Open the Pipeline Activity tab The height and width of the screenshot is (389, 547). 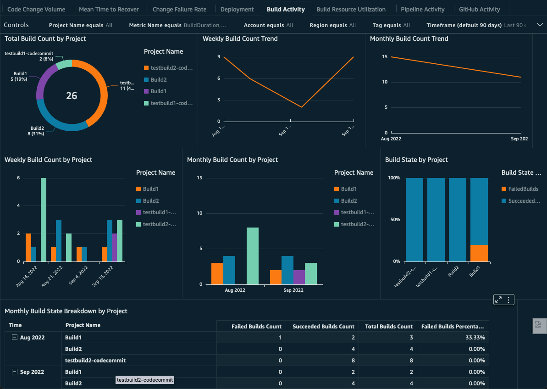click(422, 9)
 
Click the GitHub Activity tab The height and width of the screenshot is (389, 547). click(479, 9)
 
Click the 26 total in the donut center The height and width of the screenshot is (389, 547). click(72, 96)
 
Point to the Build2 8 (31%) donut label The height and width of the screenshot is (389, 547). click(37, 131)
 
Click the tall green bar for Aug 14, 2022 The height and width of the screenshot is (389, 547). click(44, 220)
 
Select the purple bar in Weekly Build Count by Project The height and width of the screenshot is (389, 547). click(115, 247)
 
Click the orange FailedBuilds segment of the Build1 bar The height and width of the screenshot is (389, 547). click(479, 253)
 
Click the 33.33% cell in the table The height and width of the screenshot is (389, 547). click(475, 338)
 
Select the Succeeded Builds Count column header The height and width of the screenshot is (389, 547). click(323, 327)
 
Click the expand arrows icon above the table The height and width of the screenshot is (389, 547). click(498, 300)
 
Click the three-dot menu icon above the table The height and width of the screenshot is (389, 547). click(508, 300)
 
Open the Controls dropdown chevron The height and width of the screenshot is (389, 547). click(540, 25)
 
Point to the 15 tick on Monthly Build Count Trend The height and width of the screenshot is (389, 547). click(384, 57)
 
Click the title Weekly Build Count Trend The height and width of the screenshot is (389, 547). click(240, 39)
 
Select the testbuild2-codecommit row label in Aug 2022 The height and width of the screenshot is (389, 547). click(95, 361)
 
